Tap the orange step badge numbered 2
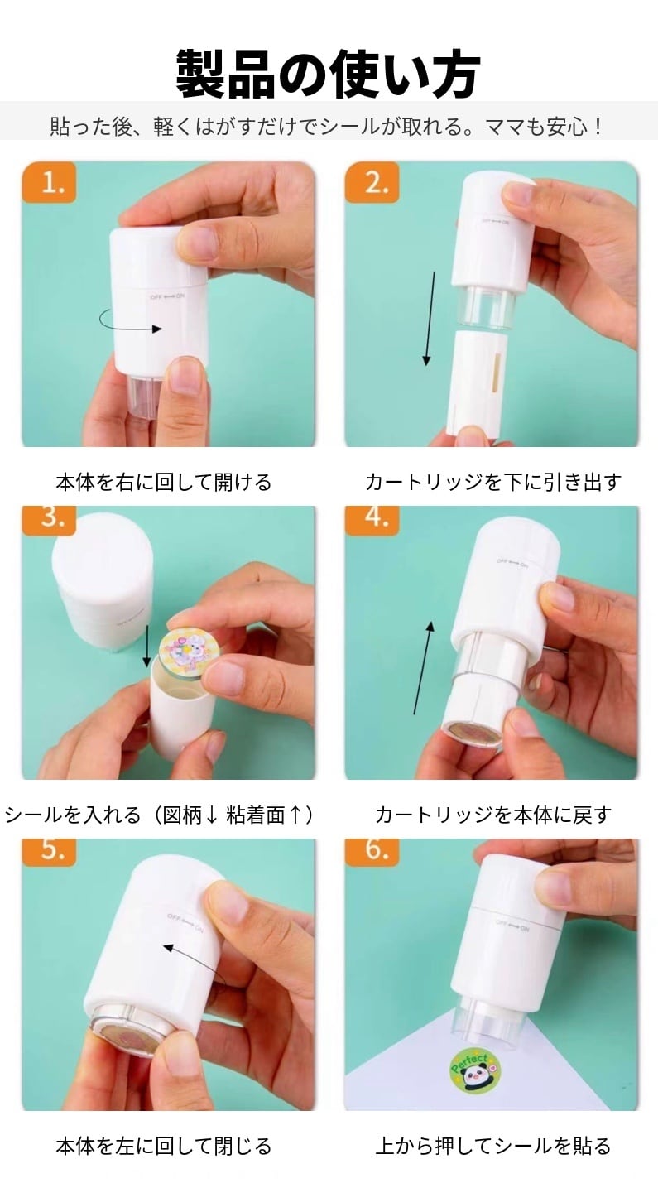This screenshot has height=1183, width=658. coord(372,183)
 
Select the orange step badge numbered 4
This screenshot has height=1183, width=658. coord(372,520)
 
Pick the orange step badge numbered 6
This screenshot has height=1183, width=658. coord(372,852)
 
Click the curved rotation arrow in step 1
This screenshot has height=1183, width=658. coord(129,324)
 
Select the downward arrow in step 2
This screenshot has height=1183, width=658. coord(430,319)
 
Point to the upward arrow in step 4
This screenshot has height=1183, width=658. coord(424,667)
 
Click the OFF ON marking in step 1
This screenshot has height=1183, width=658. coord(167,297)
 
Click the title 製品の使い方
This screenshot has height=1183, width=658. coord(328,74)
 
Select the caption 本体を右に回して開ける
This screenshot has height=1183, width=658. coord(164,482)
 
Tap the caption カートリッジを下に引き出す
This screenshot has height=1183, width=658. coord(493,482)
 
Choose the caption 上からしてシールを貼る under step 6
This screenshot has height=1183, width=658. coord(493,1146)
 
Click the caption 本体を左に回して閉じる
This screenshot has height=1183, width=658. coord(164,1146)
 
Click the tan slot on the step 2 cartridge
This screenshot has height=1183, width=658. coord(496,373)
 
